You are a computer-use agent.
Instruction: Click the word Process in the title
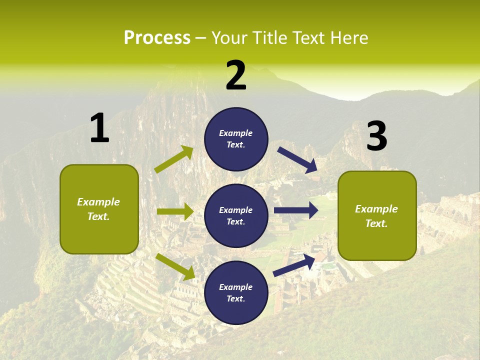(x=157, y=37)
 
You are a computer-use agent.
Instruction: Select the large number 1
(x=99, y=128)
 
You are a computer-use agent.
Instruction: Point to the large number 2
(x=236, y=75)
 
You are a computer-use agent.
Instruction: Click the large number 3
(x=377, y=136)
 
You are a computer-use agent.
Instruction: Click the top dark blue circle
(x=236, y=139)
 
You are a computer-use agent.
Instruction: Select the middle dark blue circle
(x=236, y=215)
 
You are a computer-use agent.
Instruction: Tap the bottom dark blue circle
(x=236, y=292)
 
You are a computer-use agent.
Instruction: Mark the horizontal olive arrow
(x=175, y=211)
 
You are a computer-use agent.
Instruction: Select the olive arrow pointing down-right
(x=175, y=266)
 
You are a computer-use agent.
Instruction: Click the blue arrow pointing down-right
(x=298, y=160)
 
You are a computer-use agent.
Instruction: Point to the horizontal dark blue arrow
(x=296, y=210)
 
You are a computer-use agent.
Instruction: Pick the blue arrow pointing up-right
(x=294, y=264)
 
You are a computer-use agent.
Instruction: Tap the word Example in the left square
(x=98, y=202)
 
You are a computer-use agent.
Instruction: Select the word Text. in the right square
(x=376, y=223)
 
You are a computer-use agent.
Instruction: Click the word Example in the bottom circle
(x=236, y=287)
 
